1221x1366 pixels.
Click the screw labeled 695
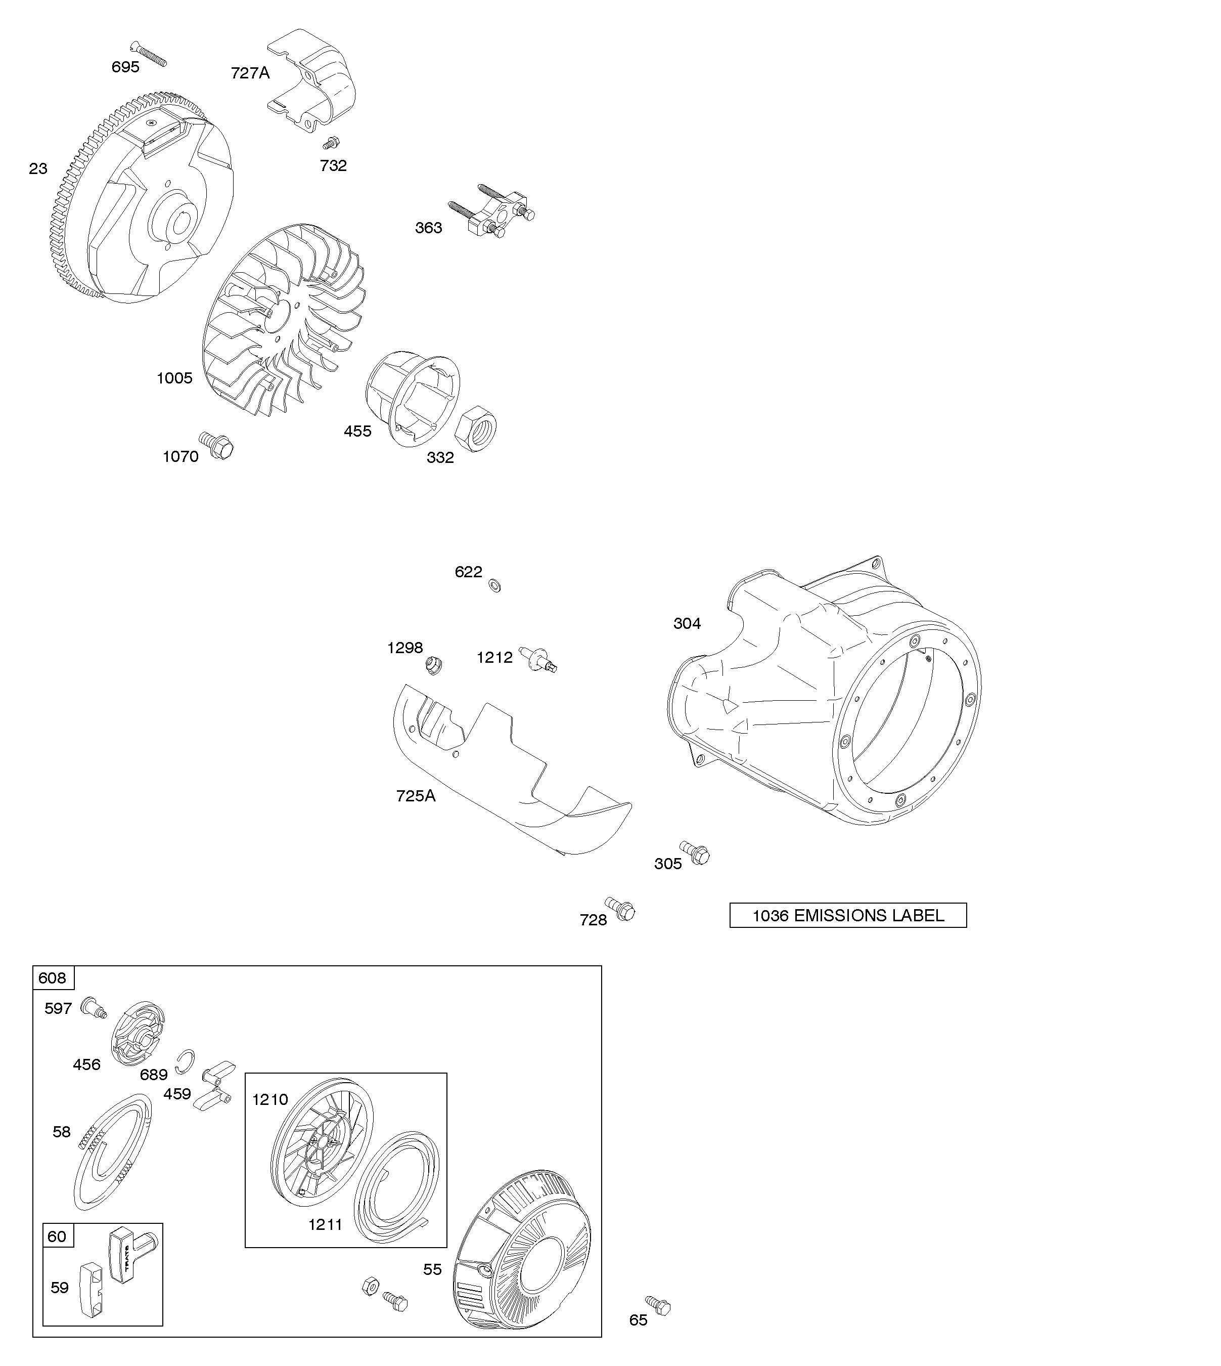(x=148, y=54)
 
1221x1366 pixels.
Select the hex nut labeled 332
(x=480, y=428)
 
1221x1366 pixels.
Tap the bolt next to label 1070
(x=216, y=445)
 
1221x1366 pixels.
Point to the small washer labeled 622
(x=494, y=585)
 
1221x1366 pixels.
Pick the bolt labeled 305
(x=695, y=852)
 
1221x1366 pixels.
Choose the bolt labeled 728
(x=620, y=909)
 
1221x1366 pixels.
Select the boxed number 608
(x=53, y=978)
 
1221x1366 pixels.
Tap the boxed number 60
(x=57, y=1236)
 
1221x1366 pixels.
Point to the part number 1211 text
(x=326, y=1224)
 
